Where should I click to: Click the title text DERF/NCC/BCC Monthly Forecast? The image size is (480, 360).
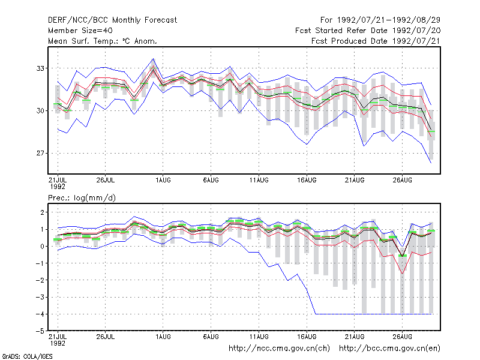click(112, 20)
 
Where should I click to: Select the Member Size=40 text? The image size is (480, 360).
click(80, 31)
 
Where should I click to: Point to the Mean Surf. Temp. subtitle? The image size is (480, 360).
click(102, 41)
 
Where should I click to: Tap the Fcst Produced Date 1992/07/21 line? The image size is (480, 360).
click(376, 41)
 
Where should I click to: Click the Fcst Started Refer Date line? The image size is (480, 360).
click(368, 31)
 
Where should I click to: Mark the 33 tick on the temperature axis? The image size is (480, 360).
click(40, 68)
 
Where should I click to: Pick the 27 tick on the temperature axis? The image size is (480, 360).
click(40, 153)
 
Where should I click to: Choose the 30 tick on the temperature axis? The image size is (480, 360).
click(40, 110)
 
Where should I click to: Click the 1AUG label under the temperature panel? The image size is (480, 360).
click(163, 180)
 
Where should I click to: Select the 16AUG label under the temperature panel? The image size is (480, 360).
click(307, 180)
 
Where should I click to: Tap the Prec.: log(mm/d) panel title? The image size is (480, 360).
click(82, 198)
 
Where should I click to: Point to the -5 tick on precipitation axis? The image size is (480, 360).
click(40, 331)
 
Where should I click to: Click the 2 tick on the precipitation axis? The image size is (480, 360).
click(42, 212)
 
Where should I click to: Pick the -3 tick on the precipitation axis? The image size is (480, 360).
click(40, 297)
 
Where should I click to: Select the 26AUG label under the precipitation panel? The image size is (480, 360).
click(402, 337)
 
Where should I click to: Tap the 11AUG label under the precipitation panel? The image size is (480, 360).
click(259, 337)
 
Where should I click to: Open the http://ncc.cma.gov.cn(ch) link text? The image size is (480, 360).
click(279, 349)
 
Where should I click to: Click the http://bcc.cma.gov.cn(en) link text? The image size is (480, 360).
click(389, 349)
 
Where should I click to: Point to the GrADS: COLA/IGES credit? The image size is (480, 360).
click(27, 356)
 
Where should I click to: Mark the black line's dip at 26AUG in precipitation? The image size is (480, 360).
click(402, 257)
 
